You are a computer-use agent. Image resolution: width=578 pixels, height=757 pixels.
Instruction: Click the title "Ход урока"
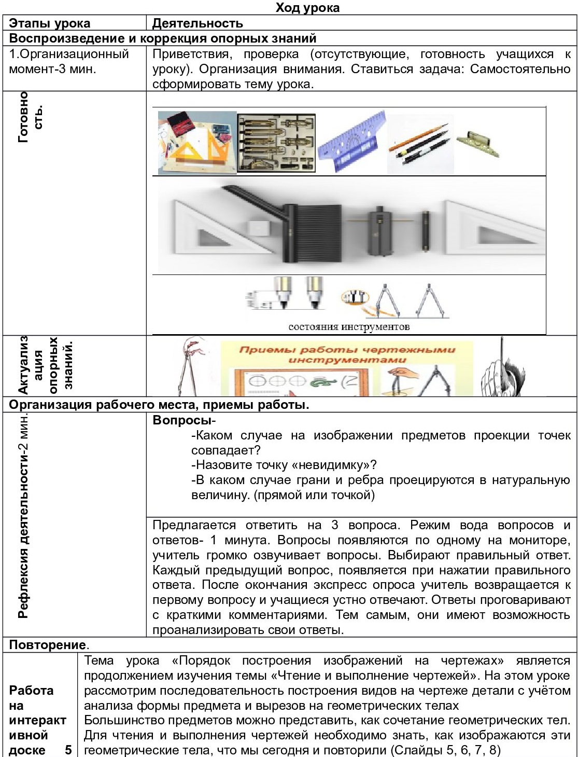[307, 7]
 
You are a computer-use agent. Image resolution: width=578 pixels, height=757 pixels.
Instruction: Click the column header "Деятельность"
[198, 23]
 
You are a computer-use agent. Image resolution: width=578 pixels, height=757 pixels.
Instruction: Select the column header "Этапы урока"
[50, 23]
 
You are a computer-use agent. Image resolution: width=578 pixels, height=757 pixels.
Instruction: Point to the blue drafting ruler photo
[352, 142]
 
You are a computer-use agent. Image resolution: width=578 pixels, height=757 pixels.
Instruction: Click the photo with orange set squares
[197, 142]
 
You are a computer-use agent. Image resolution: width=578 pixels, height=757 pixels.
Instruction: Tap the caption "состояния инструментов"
[349, 326]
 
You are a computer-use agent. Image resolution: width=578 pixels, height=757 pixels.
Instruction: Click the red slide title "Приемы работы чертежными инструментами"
[347, 354]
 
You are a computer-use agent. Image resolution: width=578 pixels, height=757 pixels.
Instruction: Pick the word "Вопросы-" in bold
[184, 420]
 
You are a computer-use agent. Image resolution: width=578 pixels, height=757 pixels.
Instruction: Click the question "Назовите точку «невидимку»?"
[284, 465]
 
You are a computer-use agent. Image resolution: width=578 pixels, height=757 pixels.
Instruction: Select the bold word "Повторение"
[48, 645]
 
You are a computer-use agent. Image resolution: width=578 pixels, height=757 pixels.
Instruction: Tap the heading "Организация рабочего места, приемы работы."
[159, 405]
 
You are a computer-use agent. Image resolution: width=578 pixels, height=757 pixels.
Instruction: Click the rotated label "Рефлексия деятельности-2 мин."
[23, 516]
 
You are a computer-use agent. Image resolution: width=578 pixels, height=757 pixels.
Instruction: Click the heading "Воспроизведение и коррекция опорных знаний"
[163, 38]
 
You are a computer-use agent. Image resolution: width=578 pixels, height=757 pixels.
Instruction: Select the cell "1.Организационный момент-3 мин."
[69, 61]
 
